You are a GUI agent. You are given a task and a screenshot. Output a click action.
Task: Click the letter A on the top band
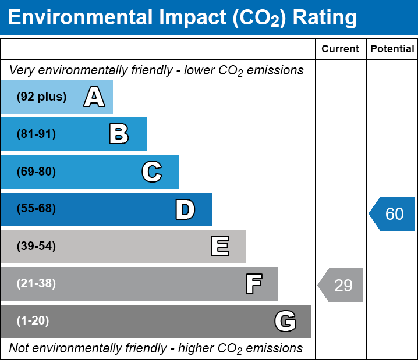click(x=94, y=97)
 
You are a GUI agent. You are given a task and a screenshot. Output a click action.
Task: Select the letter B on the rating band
click(x=119, y=134)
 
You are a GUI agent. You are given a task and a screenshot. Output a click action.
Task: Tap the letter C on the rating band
click(x=152, y=172)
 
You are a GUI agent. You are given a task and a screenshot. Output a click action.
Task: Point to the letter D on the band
click(x=185, y=209)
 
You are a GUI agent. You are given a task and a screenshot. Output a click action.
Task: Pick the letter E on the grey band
click(x=219, y=247)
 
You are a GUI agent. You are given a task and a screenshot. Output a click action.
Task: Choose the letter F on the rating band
click(x=253, y=284)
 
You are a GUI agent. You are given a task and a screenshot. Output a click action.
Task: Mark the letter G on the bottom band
click(x=285, y=321)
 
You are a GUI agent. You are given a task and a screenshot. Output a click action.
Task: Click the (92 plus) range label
click(x=41, y=97)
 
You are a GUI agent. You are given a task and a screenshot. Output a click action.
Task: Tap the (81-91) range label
click(x=36, y=134)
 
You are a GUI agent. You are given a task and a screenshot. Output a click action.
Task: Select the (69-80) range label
click(x=36, y=172)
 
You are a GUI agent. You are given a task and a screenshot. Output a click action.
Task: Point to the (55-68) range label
click(x=36, y=209)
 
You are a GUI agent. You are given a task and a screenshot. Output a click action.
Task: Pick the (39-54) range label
click(x=36, y=247)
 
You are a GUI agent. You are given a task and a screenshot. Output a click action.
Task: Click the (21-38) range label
click(x=36, y=284)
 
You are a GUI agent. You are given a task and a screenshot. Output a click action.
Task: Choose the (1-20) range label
click(x=33, y=321)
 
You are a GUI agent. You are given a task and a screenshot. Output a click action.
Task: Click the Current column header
click(x=341, y=49)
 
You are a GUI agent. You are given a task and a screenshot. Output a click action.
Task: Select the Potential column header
click(x=392, y=49)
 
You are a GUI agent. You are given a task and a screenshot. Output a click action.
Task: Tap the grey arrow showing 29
click(x=341, y=286)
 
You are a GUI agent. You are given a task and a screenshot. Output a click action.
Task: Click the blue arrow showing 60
click(x=392, y=214)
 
